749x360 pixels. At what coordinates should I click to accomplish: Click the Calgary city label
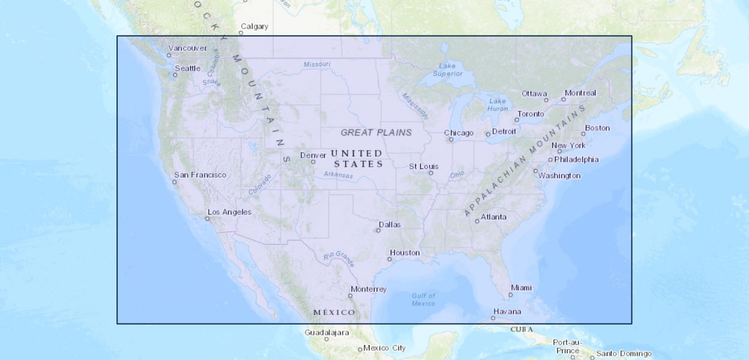point(254,26)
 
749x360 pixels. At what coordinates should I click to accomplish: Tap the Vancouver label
point(188,48)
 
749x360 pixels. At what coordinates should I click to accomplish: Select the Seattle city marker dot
point(175,75)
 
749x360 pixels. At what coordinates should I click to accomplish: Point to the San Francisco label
point(200,175)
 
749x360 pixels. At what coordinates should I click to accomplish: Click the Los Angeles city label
point(229,212)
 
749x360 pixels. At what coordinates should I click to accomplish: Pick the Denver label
point(313,155)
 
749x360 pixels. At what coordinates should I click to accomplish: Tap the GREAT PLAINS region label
point(376,132)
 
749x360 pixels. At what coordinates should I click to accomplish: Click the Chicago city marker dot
point(451,139)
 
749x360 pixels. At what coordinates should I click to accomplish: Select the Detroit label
point(504,131)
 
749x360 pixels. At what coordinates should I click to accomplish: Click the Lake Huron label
point(498,104)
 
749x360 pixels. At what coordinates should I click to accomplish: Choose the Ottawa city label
point(534,94)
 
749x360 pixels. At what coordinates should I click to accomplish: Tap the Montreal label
point(580,93)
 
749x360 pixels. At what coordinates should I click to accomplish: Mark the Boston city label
point(597,128)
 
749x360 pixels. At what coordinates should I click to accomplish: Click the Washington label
point(559,176)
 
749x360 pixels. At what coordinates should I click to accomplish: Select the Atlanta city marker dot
point(477,221)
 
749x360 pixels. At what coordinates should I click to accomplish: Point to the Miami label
point(521,288)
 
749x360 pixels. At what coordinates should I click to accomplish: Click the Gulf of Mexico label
point(424,299)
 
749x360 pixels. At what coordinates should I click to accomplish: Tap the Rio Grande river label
point(339,259)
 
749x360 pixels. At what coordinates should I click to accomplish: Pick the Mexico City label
point(384,348)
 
